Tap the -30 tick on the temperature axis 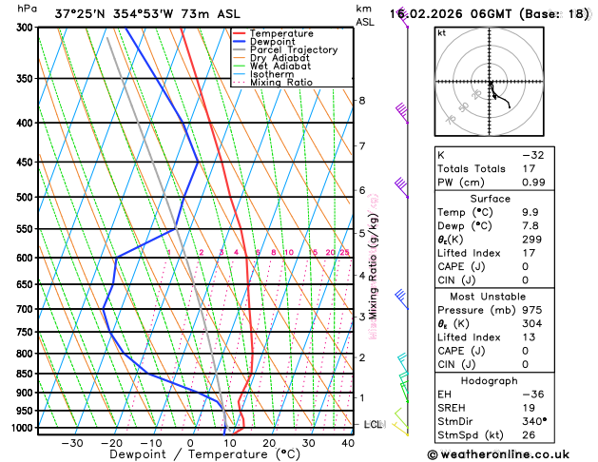[72, 443]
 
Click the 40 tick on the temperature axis [348, 443]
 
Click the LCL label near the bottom [373, 424]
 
